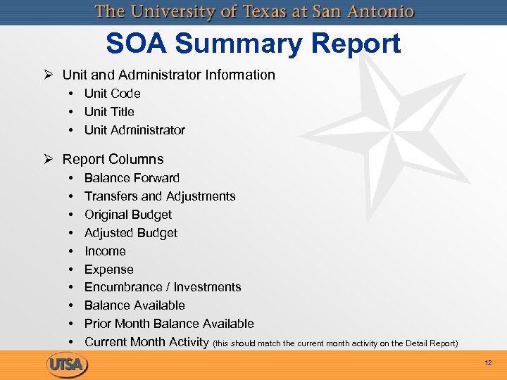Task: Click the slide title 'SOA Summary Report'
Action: click(x=254, y=44)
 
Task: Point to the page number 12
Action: click(x=488, y=362)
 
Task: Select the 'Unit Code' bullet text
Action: click(x=112, y=94)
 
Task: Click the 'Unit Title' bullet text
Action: click(x=109, y=112)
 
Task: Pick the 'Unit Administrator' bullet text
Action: click(x=134, y=130)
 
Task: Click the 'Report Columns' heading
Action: click(x=113, y=160)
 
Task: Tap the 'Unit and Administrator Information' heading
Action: click(x=168, y=75)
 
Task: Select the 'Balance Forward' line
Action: click(x=132, y=178)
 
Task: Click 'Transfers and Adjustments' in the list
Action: click(x=160, y=196)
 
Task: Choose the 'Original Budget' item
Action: click(x=128, y=215)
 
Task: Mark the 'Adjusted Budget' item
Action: click(x=131, y=233)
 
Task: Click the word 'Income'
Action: click(x=105, y=251)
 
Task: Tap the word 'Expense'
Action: click(x=108, y=270)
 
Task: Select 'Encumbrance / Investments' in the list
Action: click(x=163, y=287)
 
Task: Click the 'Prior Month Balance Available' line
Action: click(x=169, y=324)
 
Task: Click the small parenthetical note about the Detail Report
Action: click(x=335, y=343)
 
